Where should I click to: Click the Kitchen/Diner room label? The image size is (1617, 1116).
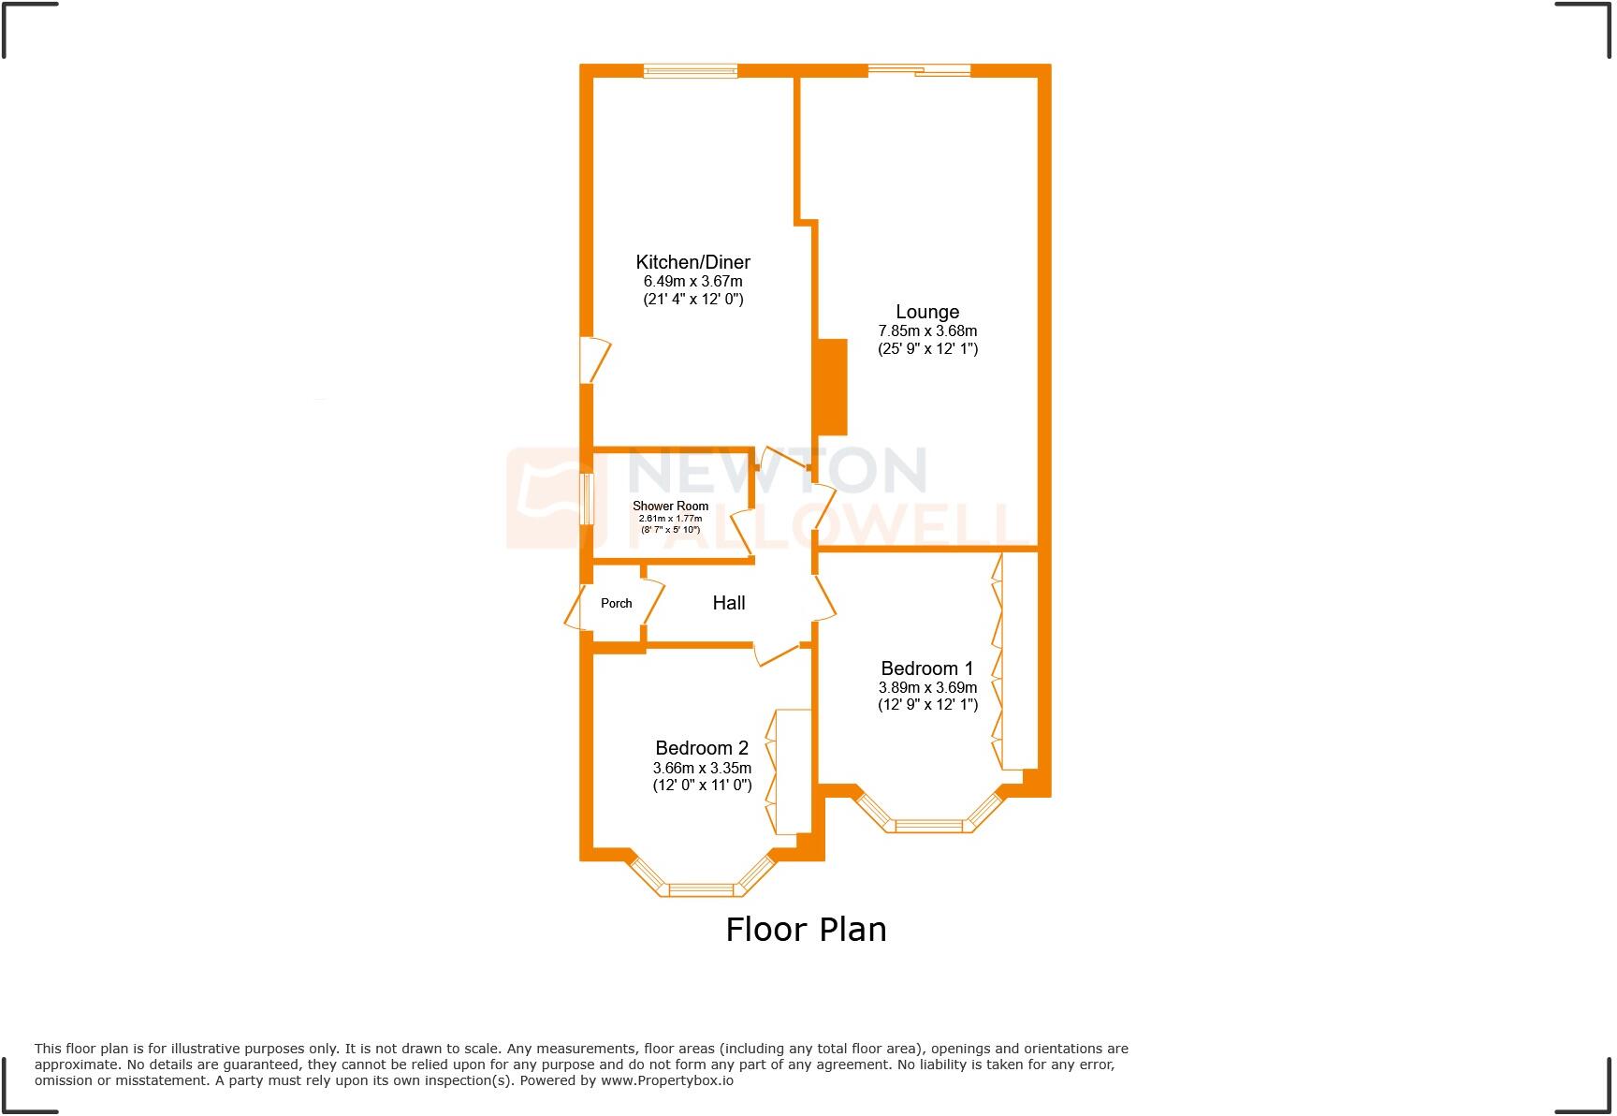point(692,262)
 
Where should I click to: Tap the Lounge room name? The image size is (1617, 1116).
point(927,312)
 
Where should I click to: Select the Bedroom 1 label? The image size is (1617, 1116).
point(926,668)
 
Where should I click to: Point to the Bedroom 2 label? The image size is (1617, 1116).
point(702,748)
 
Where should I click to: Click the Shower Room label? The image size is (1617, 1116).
point(670,507)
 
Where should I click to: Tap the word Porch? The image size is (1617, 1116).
point(616,603)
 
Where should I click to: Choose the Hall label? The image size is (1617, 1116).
point(729,603)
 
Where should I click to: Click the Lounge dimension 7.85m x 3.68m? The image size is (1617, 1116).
point(927,330)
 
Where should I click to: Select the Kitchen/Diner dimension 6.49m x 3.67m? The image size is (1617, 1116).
point(692,281)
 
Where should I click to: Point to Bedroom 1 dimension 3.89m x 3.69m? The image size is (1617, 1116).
point(927,687)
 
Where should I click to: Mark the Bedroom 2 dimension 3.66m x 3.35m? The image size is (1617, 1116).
point(702,768)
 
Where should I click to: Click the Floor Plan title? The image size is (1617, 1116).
point(806,930)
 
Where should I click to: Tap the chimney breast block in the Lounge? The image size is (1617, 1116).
point(832,387)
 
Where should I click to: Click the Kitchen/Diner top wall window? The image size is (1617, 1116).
point(691,70)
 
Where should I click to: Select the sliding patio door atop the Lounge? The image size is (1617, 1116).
point(919,70)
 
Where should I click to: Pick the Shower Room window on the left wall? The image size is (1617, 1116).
point(587,499)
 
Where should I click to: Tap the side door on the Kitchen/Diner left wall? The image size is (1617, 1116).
point(593,360)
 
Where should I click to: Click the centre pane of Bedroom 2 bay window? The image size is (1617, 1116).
point(702,889)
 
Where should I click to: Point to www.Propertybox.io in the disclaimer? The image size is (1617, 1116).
point(666,1080)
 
